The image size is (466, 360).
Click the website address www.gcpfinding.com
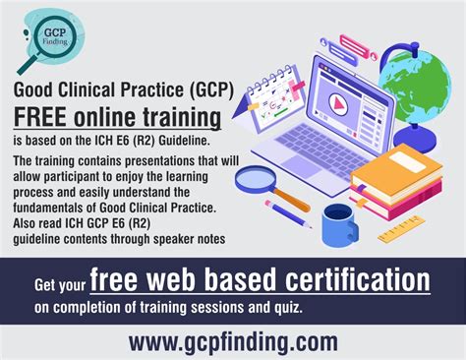point(233,340)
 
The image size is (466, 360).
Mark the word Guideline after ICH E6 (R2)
point(193,141)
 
